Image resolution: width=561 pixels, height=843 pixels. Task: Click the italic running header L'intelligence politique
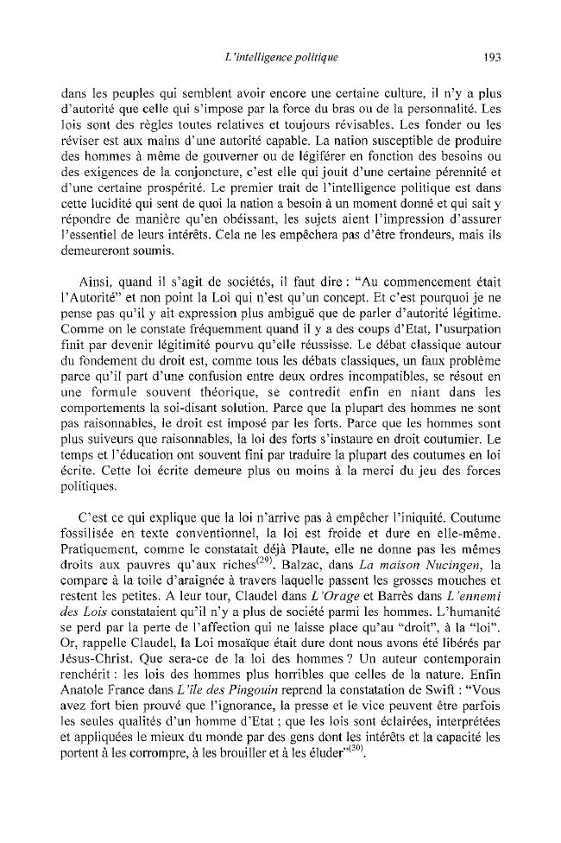[x=280, y=58]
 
